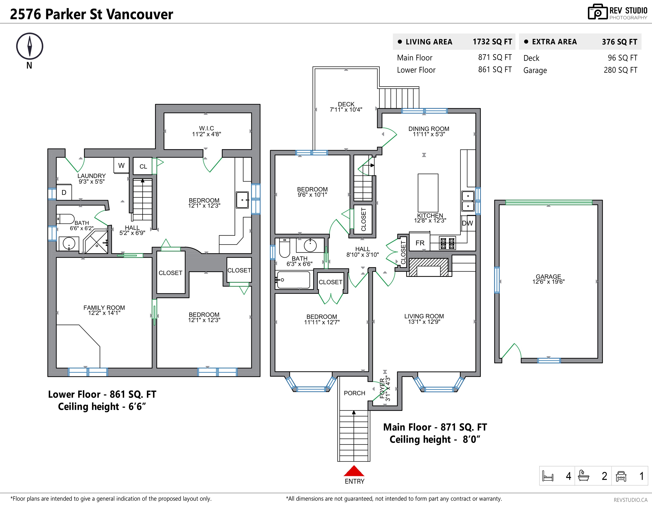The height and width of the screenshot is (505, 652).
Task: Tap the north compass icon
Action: (30, 46)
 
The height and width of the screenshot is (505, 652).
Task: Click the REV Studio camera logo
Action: (598, 12)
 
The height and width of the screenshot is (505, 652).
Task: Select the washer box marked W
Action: (121, 165)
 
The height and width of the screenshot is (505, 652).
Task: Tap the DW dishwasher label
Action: (467, 223)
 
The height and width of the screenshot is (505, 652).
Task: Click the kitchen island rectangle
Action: (428, 193)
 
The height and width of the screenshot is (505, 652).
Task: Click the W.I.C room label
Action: (207, 128)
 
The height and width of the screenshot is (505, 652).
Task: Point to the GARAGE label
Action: (548, 277)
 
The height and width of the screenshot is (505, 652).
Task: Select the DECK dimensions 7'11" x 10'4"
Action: (346, 110)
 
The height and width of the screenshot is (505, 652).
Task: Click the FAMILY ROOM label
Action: (104, 308)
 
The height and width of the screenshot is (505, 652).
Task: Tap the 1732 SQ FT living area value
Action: (492, 42)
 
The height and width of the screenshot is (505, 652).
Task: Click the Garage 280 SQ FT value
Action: (620, 70)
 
